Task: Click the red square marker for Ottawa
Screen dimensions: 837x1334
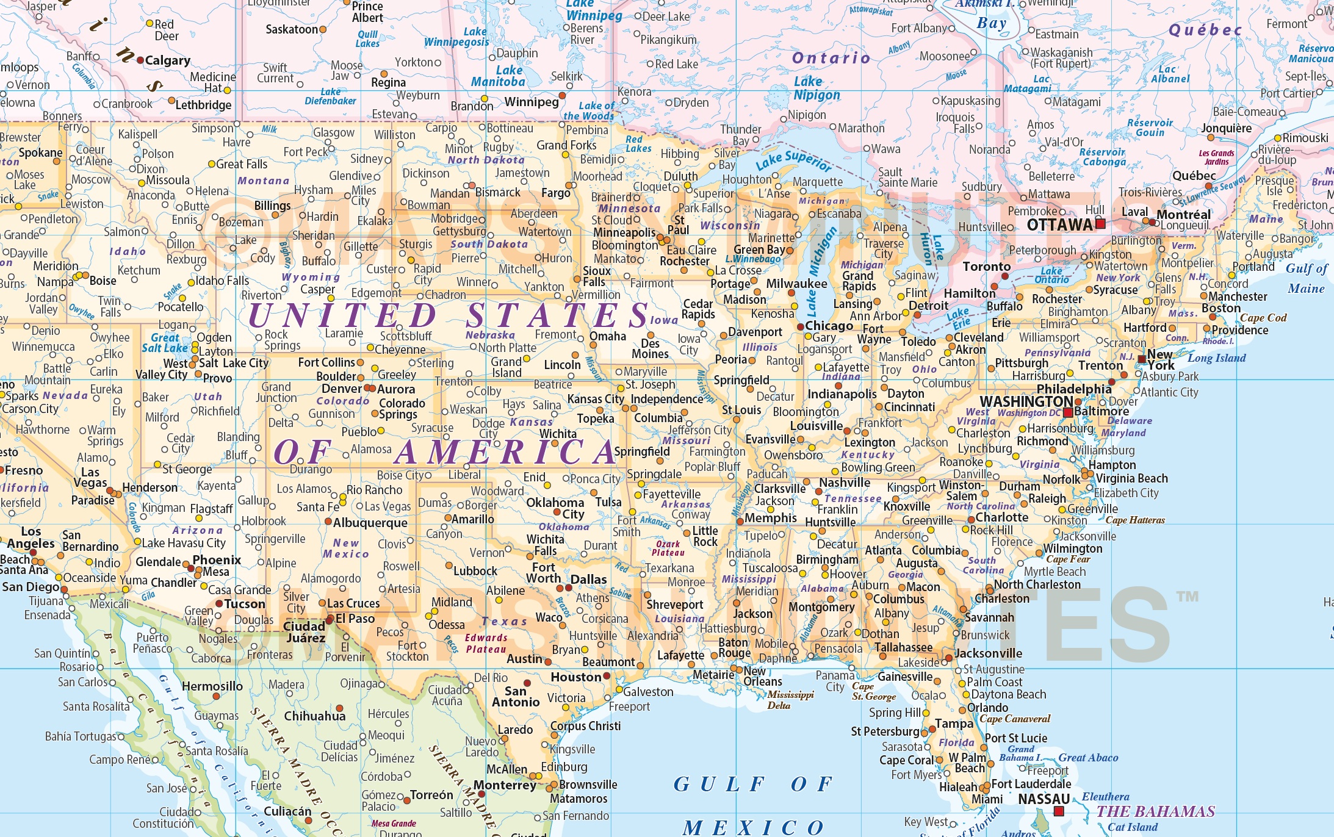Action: pos(1100,224)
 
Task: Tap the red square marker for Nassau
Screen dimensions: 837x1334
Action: pos(1059,811)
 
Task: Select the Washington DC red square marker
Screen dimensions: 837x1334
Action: pos(1068,413)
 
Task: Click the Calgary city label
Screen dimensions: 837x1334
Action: pos(167,60)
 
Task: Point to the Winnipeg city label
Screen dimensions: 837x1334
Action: pos(531,102)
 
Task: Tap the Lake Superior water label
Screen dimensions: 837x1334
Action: pos(793,160)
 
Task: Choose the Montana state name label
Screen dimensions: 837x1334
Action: pos(263,181)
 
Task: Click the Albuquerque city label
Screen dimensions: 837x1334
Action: pos(370,523)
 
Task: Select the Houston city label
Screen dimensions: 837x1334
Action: pos(575,677)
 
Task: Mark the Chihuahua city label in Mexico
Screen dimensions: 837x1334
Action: pos(314,716)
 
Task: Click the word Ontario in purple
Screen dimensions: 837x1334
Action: pos(831,58)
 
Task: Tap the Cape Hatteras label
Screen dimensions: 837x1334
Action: pos(1135,520)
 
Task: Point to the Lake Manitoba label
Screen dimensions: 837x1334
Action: pos(498,76)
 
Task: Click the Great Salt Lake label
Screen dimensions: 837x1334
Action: pos(165,343)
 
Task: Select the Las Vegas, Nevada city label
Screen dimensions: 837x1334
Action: pos(90,478)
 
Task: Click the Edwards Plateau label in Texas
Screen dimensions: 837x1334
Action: pos(486,644)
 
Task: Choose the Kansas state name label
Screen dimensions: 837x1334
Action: pos(531,422)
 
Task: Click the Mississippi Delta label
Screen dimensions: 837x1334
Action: pos(790,700)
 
